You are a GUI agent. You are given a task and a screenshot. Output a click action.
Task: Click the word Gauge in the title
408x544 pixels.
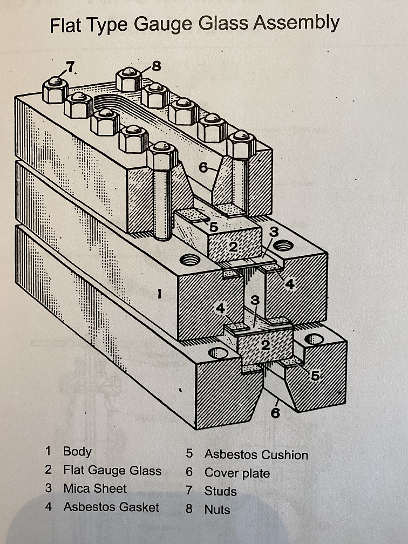pyautogui.click(x=163, y=24)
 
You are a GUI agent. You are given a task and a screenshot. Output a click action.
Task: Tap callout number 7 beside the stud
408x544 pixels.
pyautogui.click(x=70, y=66)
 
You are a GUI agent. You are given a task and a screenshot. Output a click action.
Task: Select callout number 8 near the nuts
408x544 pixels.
pyautogui.click(x=157, y=66)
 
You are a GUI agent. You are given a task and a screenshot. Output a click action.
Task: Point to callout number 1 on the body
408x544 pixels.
pyautogui.click(x=159, y=294)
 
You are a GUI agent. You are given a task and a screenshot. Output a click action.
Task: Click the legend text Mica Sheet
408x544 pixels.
pyautogui.click(x=95, y=488)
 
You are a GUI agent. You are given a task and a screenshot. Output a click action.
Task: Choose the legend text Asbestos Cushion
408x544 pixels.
pyautogui.click(x=256, y=454)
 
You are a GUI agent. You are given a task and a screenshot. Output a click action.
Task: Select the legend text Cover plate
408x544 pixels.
pyautogui.click(x=237, y=473)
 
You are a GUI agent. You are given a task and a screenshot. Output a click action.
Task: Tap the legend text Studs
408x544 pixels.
pyautogui.click(x=220, y=491)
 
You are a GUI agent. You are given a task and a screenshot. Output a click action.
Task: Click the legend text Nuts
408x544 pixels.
pyautogui.click(x=217, y=509)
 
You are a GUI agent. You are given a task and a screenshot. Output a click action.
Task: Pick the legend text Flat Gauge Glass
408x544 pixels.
pyautogui.click(x=112, y=471)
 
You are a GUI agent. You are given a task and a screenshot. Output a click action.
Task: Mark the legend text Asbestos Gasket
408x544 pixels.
pyautogui.click(x=111, y=507)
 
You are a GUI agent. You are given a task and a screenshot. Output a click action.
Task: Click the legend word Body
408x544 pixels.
pyautogui.click(x=77, y=452)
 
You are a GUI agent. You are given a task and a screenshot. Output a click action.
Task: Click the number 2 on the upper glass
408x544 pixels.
pyautogui.click(x=233, y=247)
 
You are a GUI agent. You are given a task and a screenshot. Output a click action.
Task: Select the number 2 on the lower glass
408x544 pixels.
pyautogui.click(x=266, y=345)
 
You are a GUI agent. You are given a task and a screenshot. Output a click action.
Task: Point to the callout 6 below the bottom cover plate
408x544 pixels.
pyautogui.click(x=275, y=413)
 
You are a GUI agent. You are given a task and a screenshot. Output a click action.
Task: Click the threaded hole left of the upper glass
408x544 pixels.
pyautogui.click(x=190, y=259)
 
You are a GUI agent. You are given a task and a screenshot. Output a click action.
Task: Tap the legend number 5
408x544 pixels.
pyautogui.click(x=189, y=453)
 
